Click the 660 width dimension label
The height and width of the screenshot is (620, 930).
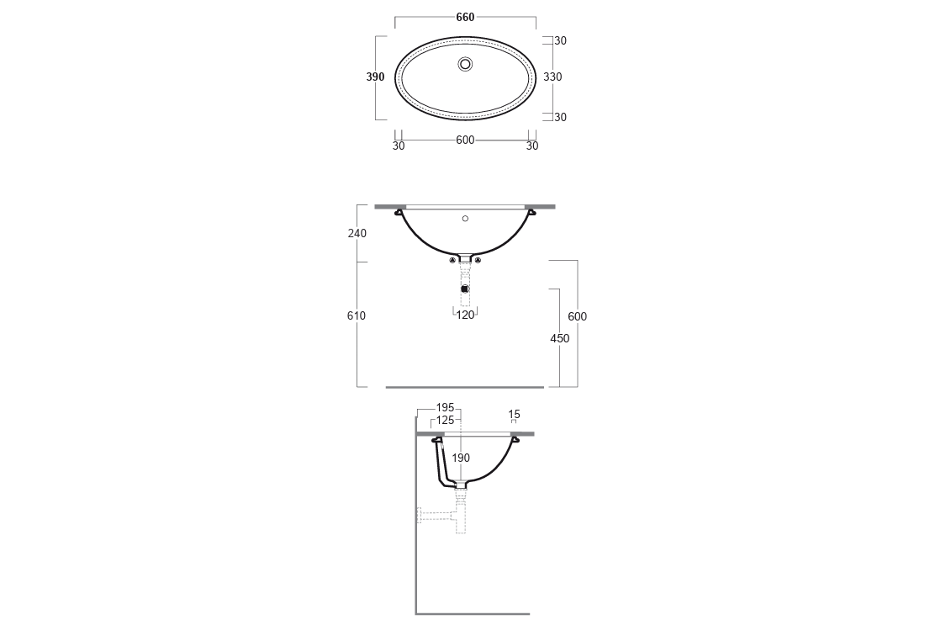pyautogui.click(x=465, y=17)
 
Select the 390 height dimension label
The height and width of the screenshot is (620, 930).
pyautogui.click(x=375, y=77)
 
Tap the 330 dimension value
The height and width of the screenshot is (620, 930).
pyautogui.click(x=552, y=77)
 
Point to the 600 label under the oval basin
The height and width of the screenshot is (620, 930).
pyautogui.click(x=465, y=140)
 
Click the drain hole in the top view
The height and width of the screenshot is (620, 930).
pyautogui.click(x=466, y=64)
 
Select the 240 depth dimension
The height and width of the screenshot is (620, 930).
pyautogui.click(x=357, y=233)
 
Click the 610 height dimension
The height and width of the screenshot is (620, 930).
pyautogui.click(x=357, y=315)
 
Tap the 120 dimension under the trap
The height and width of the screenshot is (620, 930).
pyautogui.click(x=466, y=315)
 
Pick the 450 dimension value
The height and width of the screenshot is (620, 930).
pyautogui.click(x=559, y=338)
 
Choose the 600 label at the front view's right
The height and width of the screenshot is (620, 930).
pyautogui.click(x=577, y=316)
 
